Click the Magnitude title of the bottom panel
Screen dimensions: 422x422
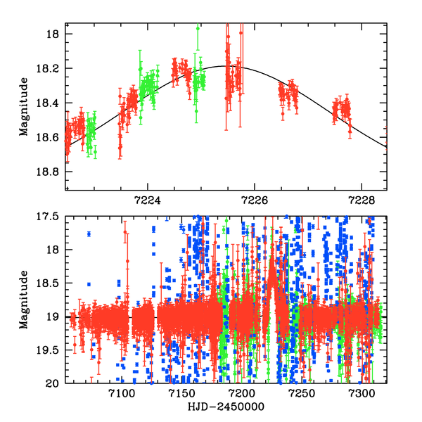[x=24, y=299]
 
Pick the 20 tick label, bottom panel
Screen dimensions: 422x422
[x=54, y=383]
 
